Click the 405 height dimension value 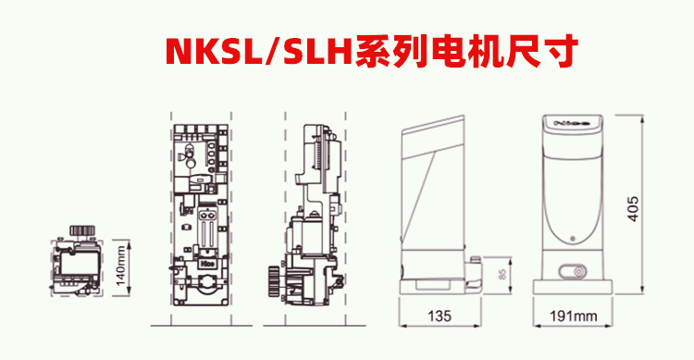(x=633, y=208)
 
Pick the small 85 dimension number (x=502, y=275)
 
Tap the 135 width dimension (x=440, y=316)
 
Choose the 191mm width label (x=573, y=317)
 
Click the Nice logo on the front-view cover (x=572, y=123)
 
